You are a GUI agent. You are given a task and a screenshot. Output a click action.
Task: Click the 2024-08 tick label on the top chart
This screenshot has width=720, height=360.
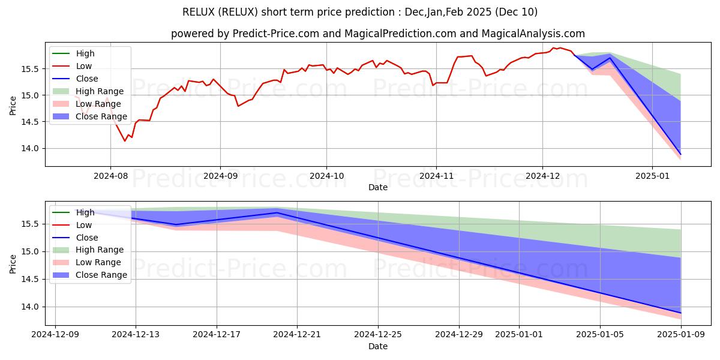(x=110, y=175)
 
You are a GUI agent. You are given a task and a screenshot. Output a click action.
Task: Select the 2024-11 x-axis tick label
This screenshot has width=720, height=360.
(x=436, y=175)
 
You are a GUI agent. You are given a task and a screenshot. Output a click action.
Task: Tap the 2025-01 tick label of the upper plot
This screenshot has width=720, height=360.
(x=652, y=175)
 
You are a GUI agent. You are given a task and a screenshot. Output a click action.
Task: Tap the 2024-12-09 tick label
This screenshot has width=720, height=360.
(x=55, y=334)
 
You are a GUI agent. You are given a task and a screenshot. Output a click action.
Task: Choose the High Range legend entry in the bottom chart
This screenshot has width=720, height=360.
(x=100, y=250)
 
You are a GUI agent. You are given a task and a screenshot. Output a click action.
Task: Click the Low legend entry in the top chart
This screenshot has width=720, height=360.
(x=84, y=66)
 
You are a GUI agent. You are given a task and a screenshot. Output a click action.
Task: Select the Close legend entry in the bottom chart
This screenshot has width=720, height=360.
(x=87, y=237)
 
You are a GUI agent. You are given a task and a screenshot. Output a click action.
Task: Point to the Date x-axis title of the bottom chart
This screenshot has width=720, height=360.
(x=378, y=346)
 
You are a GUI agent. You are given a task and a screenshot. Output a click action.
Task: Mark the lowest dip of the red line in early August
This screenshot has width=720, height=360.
(x=125, y=140)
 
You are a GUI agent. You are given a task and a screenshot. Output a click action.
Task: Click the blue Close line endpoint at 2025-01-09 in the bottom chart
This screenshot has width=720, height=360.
(x=680, y=313)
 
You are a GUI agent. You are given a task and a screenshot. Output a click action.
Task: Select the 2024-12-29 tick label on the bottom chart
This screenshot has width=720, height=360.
(x=458, y=334)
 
